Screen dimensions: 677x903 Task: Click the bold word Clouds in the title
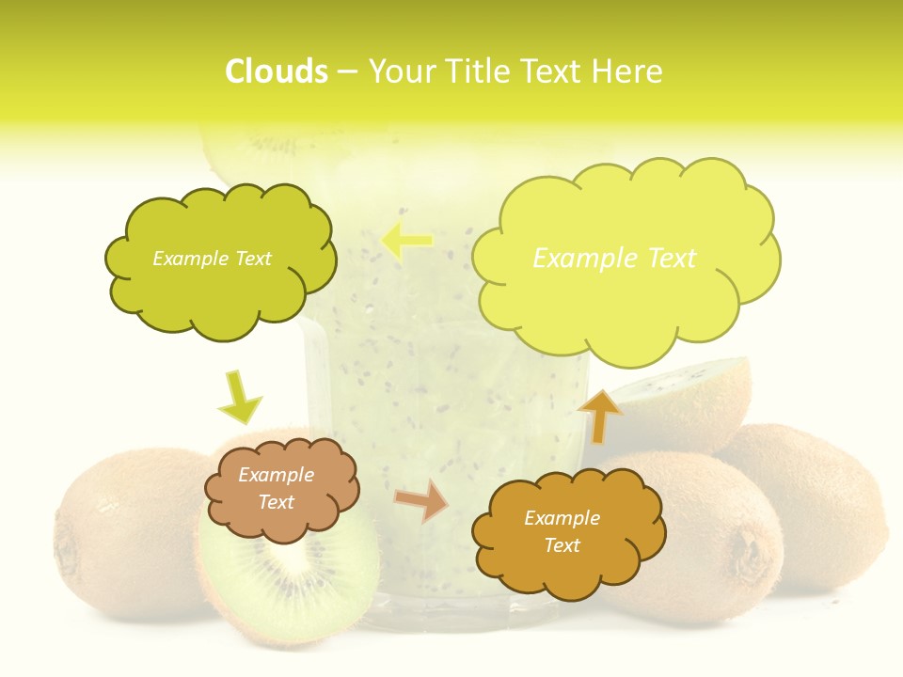click(277, 71)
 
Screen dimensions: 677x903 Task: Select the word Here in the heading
click(631, 71)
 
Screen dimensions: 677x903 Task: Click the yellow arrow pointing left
click(406, 241)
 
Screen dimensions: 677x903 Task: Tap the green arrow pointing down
click(239, 397)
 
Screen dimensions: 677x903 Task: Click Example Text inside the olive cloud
click(212, 259)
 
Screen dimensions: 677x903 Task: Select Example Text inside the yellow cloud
click(614, 259)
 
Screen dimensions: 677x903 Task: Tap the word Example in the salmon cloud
click(276, 475)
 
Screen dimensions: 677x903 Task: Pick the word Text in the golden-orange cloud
click(562, 545)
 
